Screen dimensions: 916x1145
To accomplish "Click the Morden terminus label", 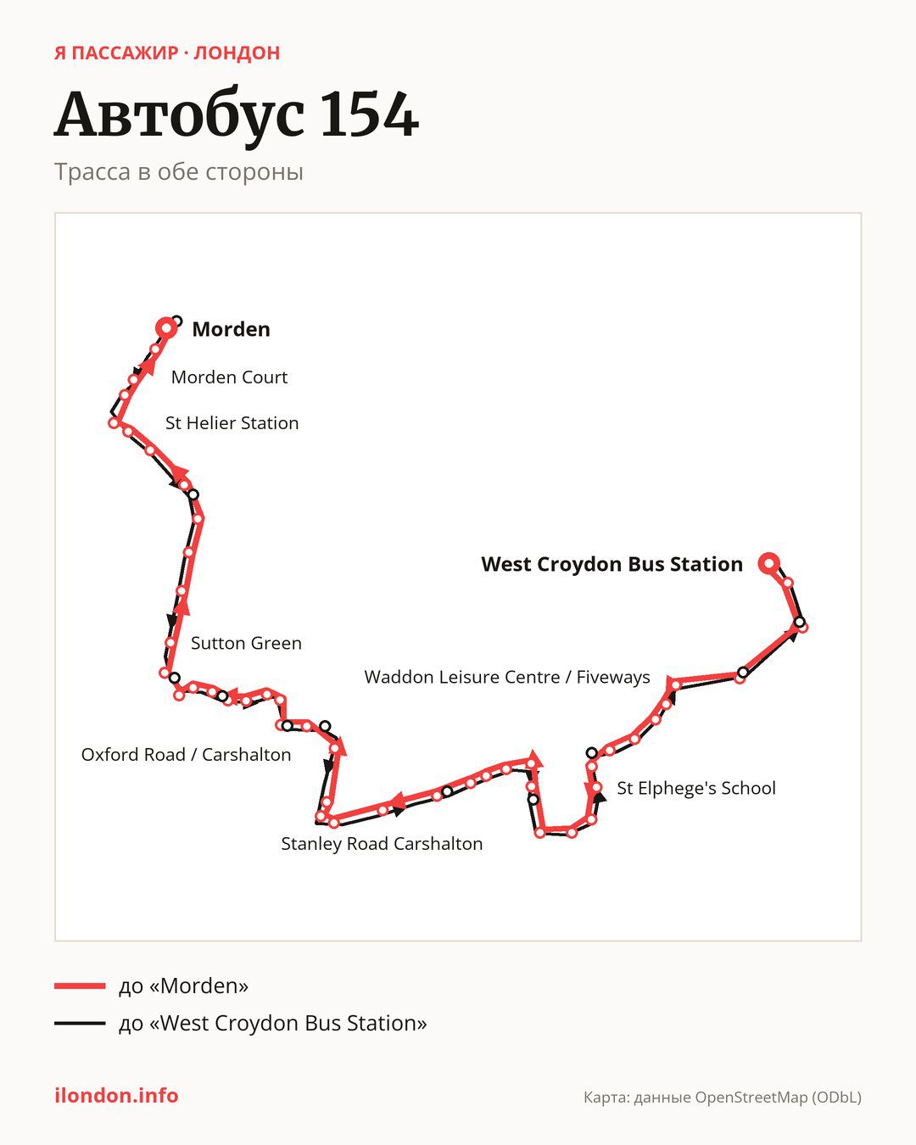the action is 231,329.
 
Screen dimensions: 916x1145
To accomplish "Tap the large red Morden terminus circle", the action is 166,328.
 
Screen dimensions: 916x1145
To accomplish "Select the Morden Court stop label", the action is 229,377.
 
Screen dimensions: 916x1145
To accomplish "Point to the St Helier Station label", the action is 232,423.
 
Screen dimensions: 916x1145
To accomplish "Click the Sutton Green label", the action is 247,643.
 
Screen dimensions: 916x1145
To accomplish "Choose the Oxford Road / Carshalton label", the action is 187,755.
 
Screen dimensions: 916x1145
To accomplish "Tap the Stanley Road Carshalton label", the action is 383,843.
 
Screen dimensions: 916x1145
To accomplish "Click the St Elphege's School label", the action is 696,788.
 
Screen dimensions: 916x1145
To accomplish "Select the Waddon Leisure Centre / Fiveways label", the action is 507,677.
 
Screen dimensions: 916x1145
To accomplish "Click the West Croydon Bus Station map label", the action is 612,564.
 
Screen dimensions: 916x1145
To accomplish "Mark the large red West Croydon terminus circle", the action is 769,563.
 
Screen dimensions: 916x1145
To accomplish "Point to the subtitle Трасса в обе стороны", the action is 179,172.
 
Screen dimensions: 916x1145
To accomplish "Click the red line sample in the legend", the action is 80,986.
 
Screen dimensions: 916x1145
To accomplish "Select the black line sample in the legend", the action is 80,1023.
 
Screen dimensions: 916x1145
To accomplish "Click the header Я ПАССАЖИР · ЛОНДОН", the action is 167,53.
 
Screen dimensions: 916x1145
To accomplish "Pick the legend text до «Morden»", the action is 184,986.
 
